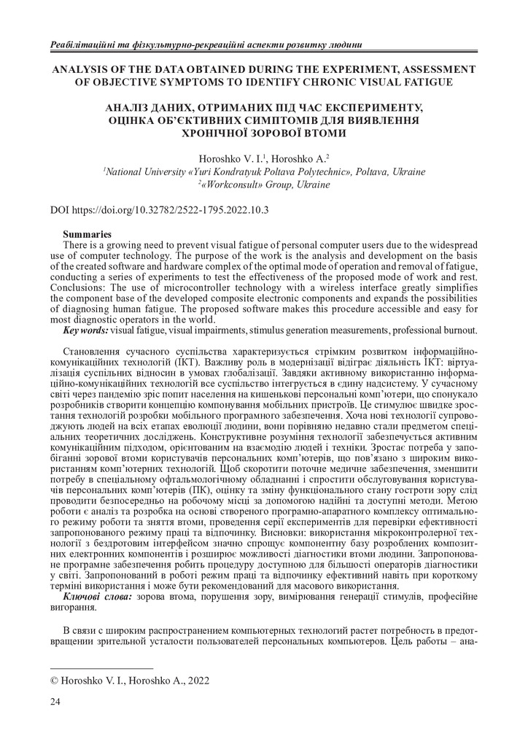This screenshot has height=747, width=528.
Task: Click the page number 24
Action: pos(55,702)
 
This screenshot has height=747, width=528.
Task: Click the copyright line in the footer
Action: pos(129,681)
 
